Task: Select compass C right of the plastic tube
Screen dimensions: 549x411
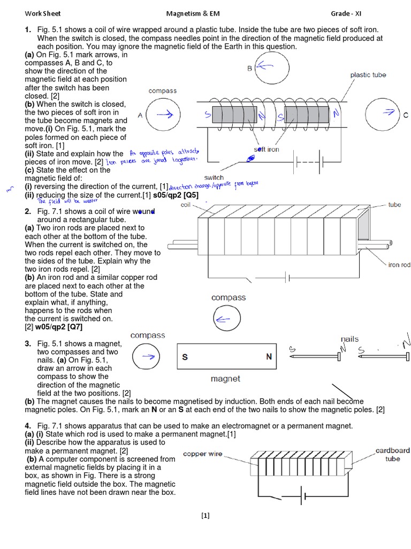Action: click(x=383, y=115)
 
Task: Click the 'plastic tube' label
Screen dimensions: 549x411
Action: click(x=368, y=75)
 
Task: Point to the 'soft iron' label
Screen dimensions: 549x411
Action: click(x=266, y=150)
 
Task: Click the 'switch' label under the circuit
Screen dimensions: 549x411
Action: click(x=214, y=177)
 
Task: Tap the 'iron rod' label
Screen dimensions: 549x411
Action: click(x=399, y=265)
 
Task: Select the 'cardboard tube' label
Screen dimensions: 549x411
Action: click(x=392, y=455)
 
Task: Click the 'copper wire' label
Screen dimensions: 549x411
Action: click(x=202, y=454)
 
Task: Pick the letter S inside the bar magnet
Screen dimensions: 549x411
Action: click(x=185, y=357)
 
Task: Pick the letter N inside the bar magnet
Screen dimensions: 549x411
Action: click(x=269, y=357)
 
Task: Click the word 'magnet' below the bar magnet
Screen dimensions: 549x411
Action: click(x=225, y=379)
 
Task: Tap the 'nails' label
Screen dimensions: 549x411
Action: click(x=349, y=339)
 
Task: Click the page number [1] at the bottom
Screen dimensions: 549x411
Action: click(x=205, y=516)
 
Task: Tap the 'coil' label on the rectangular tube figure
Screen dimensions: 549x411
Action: click(x=186, y=204)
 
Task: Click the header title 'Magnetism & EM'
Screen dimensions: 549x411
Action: click(x=191, y=13)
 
